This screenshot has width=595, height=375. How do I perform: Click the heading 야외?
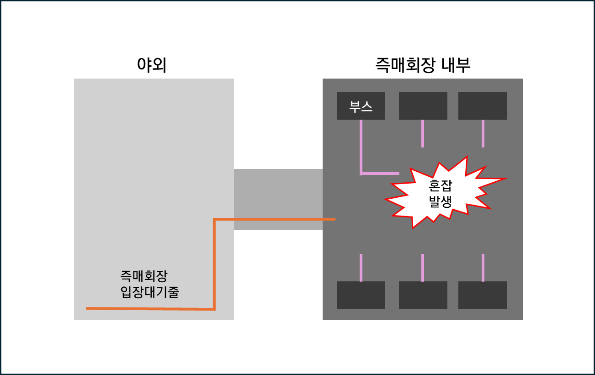click(152, 66)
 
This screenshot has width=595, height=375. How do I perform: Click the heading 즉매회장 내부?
click(423, 66)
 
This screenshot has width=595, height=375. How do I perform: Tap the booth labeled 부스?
click(361, 106)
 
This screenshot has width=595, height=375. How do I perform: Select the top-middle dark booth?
click(423, 106)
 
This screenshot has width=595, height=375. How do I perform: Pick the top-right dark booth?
click(483, 106)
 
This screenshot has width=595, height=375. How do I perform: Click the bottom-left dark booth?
click(361, 295)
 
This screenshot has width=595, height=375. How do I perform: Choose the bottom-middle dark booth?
click(423, 295)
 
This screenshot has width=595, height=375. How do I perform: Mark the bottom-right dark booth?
click(483, 295)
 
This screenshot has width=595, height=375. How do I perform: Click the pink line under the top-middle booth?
click(423, 133)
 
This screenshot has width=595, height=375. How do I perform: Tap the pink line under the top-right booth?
click(483, 133)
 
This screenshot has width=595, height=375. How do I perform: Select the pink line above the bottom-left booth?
click(361, 268)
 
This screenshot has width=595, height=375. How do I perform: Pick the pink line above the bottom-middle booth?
click(423, 268)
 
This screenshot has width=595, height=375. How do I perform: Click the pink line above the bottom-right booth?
click(483, 268)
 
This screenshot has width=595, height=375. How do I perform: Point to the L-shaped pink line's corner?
click(361, 174)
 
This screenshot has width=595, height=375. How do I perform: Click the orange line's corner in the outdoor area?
click(214, 309)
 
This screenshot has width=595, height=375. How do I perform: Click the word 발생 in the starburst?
click(441, 202)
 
